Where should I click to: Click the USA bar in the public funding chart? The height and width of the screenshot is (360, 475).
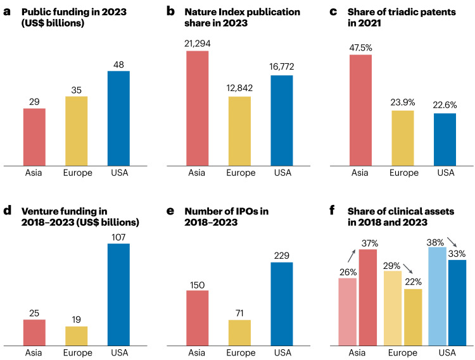tap(118, 118)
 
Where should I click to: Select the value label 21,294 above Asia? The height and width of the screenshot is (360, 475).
tap(197, 44)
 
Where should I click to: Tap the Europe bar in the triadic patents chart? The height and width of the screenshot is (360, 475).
tap(403, 139)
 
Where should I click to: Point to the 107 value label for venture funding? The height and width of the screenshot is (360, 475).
tap(118, 237)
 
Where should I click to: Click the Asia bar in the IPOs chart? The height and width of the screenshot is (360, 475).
tap(197, 318)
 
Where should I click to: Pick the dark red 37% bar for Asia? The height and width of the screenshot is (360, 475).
tap(368, 297)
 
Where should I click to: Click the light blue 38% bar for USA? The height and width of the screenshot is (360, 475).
tap(438, 296)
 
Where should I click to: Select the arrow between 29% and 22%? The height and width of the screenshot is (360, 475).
tap(408, 268)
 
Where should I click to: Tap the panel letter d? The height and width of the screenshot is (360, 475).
tap(7, 210)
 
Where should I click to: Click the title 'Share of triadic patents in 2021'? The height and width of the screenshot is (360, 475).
tap(402, 17)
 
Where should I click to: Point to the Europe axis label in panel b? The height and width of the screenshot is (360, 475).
tap(241, 173)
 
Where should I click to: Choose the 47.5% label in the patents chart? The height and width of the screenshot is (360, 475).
tap(360, 48)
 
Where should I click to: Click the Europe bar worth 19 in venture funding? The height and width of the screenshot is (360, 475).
tap(77, 336)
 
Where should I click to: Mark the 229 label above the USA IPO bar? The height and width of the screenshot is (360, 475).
tap(282, 256)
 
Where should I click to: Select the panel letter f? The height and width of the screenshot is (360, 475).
tap(332, 210)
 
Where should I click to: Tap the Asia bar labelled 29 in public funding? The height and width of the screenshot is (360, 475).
tap(34, 137)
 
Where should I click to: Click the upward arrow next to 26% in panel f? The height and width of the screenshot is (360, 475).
tap(351, 256)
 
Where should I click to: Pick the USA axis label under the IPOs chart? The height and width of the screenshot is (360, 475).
tap(282, 353)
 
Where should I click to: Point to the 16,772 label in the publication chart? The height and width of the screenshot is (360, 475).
tap(282, 66)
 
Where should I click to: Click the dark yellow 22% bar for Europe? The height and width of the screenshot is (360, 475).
tap(413, 317)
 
